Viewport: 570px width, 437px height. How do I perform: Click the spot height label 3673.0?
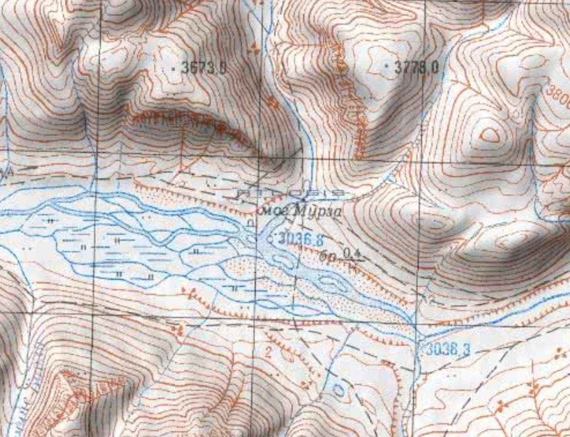click(x=203, y=68)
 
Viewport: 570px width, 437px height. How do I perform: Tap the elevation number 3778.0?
click(x=416, y=68)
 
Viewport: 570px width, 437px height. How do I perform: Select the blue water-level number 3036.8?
click(x=299, y=238)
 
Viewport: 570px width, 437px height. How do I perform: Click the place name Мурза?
click(x=318, y=212)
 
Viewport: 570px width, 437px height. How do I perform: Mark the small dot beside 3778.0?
click(x=387, y=66)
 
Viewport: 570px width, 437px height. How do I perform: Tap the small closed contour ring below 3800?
click(x=490, y=135)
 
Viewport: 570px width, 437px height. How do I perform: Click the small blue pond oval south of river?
click(x=339, y=391)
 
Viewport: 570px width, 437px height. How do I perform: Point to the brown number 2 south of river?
click(x=268, y=351)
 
